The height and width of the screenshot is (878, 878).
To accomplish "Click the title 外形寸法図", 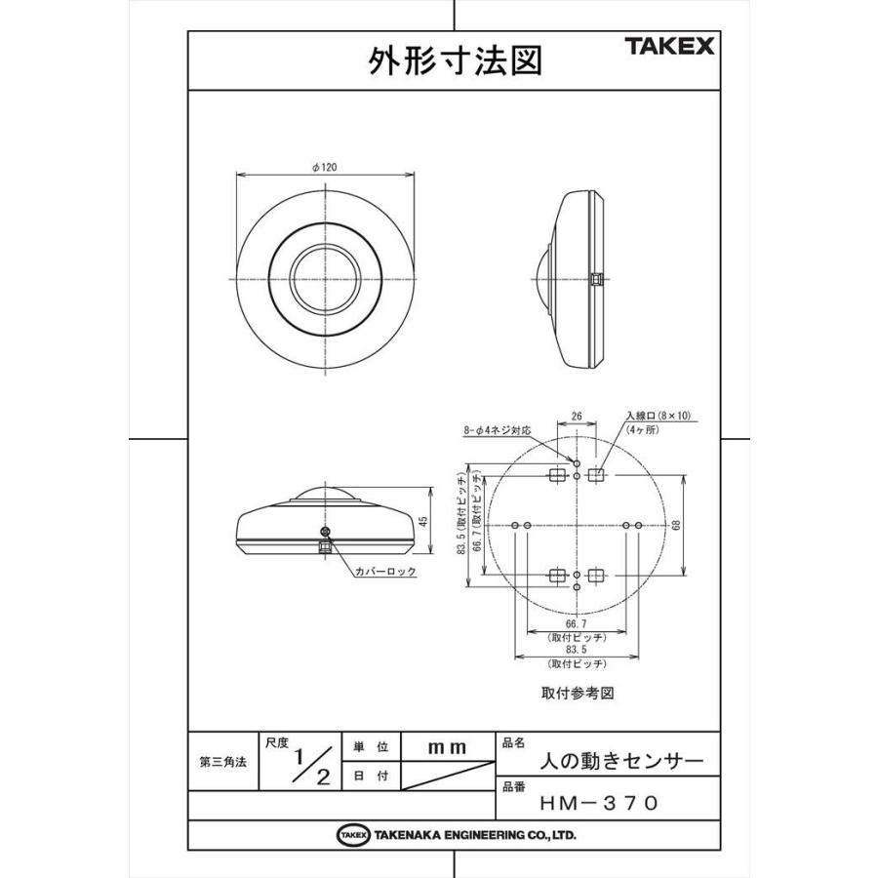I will tap(454, 61).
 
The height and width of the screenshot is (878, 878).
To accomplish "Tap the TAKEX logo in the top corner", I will tap(670, 46).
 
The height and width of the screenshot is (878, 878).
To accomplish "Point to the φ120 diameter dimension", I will tap(325, 168).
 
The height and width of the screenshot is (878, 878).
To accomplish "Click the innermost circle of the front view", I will tap(325, 280).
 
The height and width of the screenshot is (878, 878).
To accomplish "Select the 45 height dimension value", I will tap(423, 523).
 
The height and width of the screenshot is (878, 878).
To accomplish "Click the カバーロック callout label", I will tap(384, 572).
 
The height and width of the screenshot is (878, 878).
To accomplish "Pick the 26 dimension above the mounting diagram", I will tap(577, 417).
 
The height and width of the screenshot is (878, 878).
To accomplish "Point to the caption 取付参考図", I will tap(577, 695).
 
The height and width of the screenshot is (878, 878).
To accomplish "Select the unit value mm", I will tap(448, 746).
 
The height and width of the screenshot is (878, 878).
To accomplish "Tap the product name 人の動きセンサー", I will tap(620, 760).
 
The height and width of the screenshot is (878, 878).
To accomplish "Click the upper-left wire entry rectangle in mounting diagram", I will tap(557, 475).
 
